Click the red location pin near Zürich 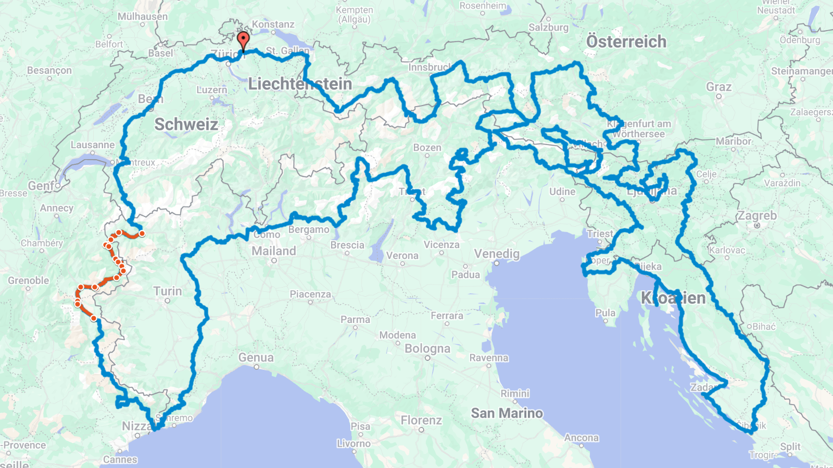[243, 40]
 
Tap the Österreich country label [626, 42]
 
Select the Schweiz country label [186, 124]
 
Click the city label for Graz [718, 87]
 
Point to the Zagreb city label [756, 215]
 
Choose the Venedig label [496, 254]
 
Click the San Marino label [507, 413]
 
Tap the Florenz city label [421, 420]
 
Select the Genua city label [256, 358]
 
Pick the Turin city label [167, 291]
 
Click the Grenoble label [28, 281]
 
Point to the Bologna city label [427, 348]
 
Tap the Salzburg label [548, 28]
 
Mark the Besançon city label [49, 70]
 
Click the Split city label [790, 447]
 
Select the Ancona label [581, 438]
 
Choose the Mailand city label [273, 251]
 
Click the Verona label [402, 256]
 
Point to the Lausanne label [92, 145]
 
